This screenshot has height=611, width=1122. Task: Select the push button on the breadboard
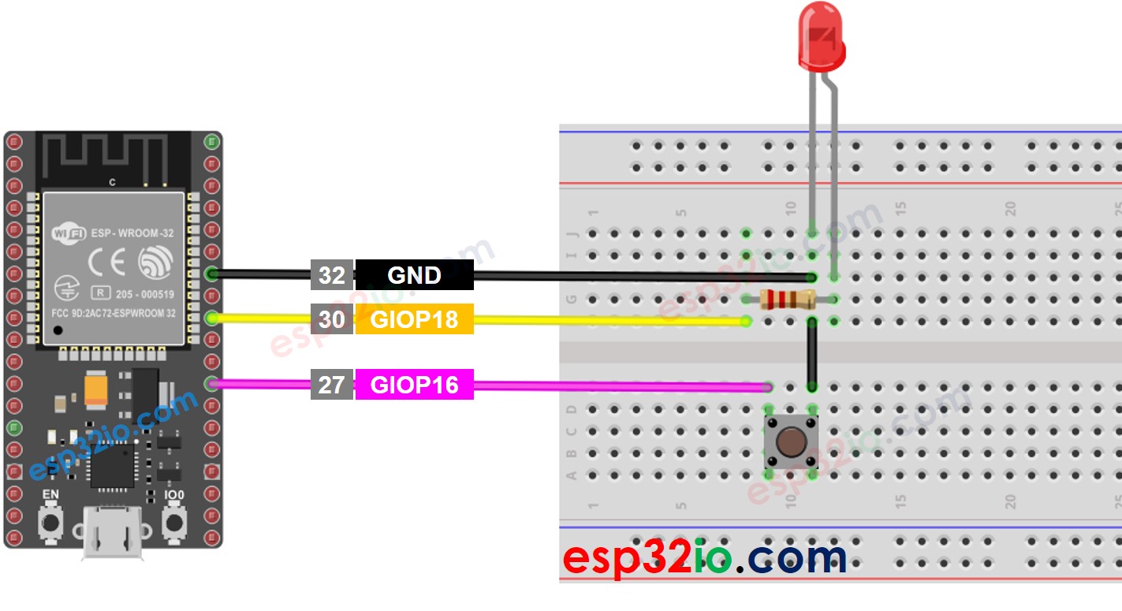tap(791, 443)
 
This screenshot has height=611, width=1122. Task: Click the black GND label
tap(414, 275)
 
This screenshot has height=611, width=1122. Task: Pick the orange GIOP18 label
tap(414, 319)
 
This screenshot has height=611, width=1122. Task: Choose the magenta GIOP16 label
tap(414, 385)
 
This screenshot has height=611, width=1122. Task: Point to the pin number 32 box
tap(331, 275)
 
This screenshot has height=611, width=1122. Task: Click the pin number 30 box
tap(331, 319)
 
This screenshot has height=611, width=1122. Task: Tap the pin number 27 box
tap(331, 385)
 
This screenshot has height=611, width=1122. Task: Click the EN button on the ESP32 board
tap(50, 523)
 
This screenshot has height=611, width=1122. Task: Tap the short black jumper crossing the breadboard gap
tap(811, 354)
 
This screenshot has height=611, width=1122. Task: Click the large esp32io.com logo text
tap(704, 557)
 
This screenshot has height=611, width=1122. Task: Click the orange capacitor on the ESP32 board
tap(96, 389)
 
